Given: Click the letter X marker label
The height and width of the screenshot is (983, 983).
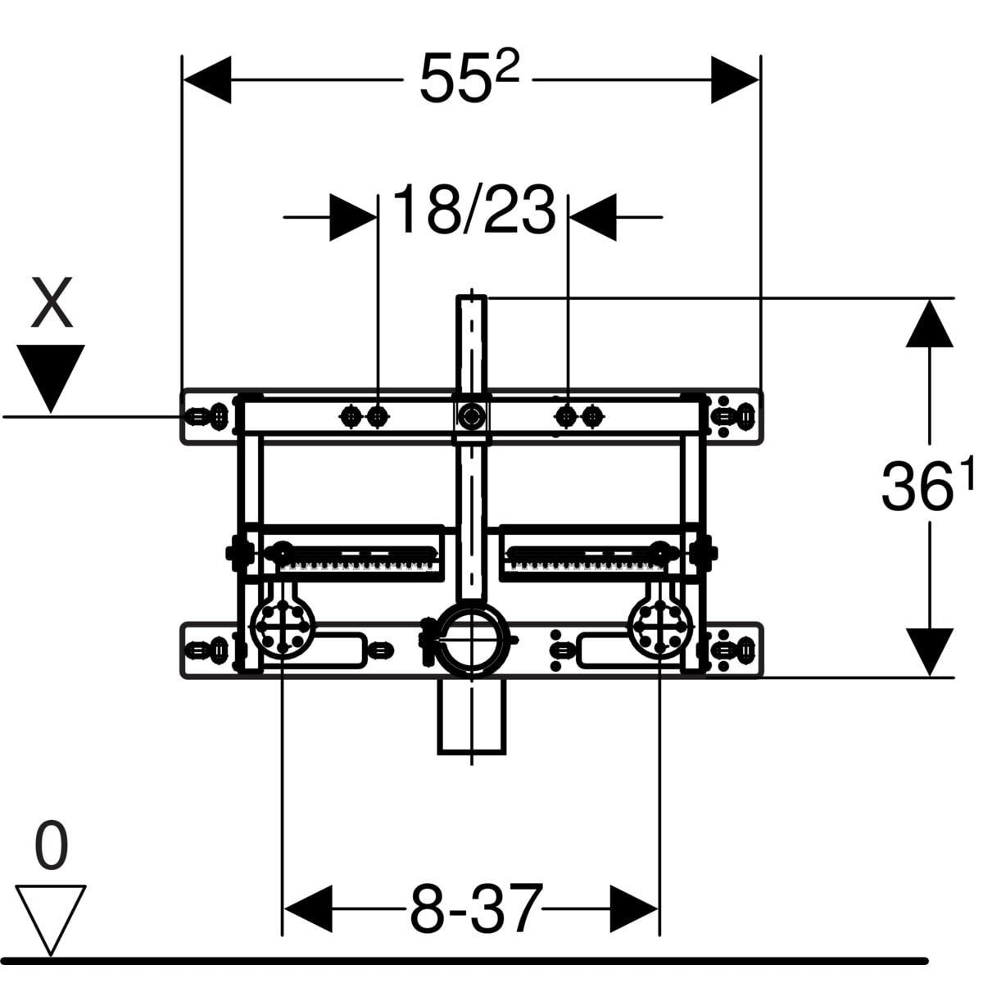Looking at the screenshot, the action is point(52,302).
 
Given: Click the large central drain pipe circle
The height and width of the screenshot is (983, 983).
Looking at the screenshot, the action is point(474,638).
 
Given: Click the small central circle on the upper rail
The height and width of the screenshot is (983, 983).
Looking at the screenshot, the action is point(471,417).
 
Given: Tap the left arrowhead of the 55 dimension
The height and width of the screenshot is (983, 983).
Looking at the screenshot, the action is point(207,79).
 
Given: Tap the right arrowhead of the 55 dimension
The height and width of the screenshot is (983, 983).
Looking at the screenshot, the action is point(735,79).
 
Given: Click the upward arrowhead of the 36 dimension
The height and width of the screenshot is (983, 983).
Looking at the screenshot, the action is point(930,323).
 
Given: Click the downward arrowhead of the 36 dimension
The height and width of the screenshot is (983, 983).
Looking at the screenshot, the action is point(930,652).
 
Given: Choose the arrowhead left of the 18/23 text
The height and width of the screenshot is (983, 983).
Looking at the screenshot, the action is point(353,217).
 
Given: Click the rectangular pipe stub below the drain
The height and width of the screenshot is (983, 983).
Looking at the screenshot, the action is point(472,717).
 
